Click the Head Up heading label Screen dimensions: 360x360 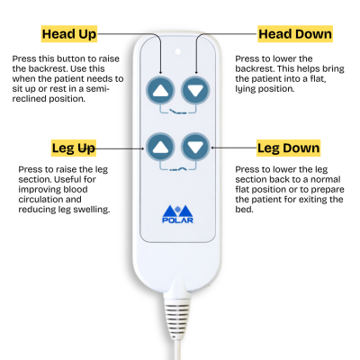(x=69, y=34)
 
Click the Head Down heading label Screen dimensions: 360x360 (x=294, y=34)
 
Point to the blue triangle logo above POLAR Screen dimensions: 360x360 (x=178, y=212)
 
